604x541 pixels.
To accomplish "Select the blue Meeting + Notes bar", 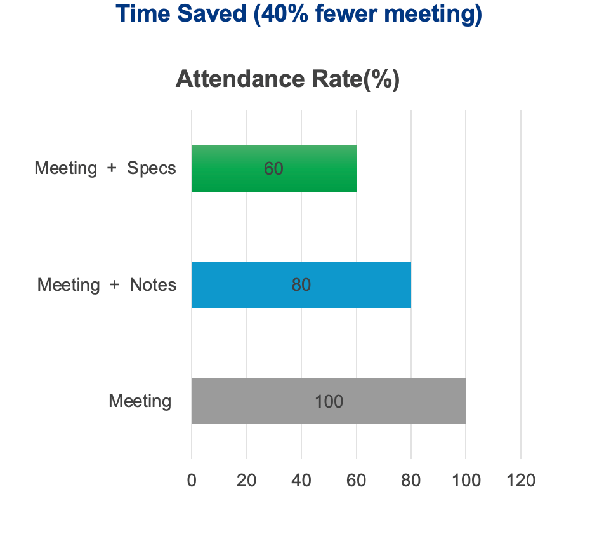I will tap(355, 284).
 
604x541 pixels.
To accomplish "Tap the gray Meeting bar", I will tap(393, 401).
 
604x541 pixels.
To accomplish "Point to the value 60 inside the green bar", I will tap(273, 169).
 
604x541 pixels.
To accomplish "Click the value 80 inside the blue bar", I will tap(301, 285).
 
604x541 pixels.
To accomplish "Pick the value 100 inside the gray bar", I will tap(329, 401).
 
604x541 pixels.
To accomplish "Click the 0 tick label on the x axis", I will tap(192, 480).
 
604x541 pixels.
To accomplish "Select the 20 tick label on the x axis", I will tap(246, 480).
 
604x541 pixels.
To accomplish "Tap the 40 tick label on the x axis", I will tap(301, 480).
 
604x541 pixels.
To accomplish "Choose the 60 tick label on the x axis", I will tap(356, 480).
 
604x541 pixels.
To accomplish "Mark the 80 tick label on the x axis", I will tap(411, 480).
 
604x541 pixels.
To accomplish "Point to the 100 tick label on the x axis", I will tap(466, 480).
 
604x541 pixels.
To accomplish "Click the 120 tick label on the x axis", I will tap(521, 480).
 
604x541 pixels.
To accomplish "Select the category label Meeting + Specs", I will tap(105, 168).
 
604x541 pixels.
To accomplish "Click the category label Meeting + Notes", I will tap(107, 284).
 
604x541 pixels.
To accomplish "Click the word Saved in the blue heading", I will tap(211, 14).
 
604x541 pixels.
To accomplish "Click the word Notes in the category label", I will tap(153, 284).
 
